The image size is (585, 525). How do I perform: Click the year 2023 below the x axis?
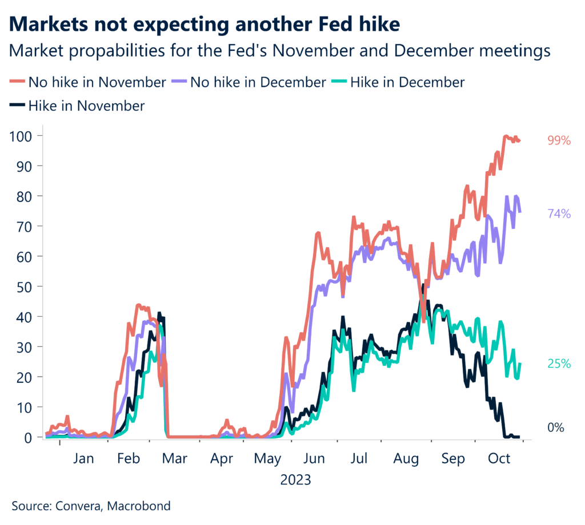pos(295,480)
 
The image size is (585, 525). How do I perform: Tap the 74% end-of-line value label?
pos(559,214)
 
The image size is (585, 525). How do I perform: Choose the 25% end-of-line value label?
pos(559,364)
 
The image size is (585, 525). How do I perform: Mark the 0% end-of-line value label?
pos(556,427)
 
